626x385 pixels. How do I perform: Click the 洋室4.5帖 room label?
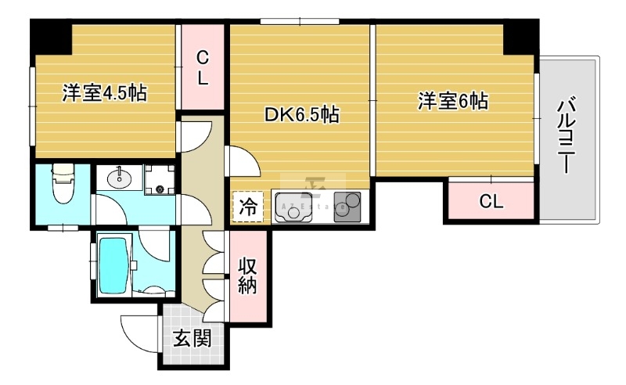coord(104,94)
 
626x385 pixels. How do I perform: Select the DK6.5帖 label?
coord(301,115)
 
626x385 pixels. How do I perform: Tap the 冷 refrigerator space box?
coord(248,208)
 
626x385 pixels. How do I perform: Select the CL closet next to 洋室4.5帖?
coord(202,67)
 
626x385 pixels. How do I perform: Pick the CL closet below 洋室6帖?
coord(491,202)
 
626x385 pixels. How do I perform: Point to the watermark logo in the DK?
coord(317,189)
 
